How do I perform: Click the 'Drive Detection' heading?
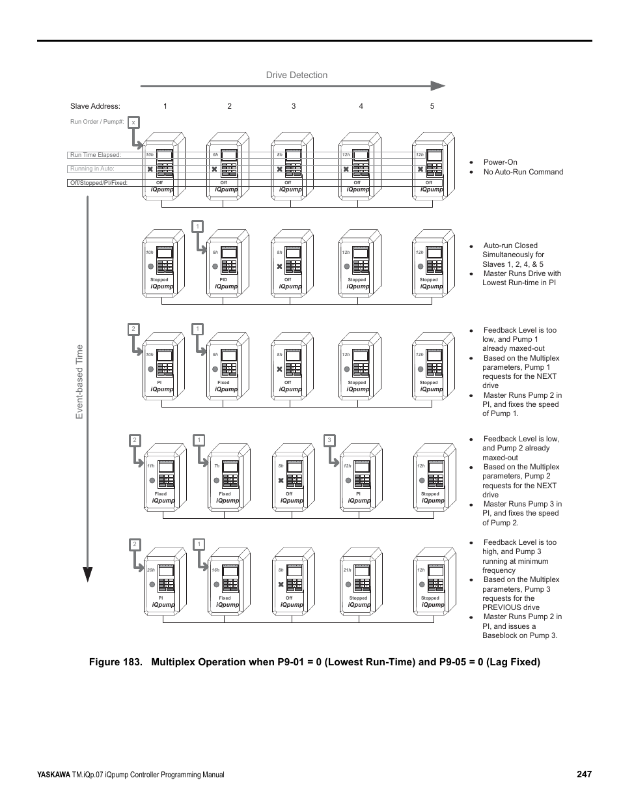296,75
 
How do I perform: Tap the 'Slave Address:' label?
95,106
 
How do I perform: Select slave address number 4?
361,106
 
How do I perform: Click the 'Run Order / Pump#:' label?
97,122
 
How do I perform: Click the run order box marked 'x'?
133,122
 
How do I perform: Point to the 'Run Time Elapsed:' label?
96,155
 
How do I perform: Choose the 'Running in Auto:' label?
92,169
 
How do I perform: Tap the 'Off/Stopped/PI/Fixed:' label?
99,183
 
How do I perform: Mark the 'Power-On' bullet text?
500,162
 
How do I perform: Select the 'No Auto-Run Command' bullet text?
523,172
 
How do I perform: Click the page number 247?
584,774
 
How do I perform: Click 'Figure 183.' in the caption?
111,662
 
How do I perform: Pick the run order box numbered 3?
329,441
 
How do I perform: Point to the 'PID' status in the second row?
223,279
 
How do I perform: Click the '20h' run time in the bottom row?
150,570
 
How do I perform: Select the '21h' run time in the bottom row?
348,570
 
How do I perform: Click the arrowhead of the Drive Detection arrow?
439,85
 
